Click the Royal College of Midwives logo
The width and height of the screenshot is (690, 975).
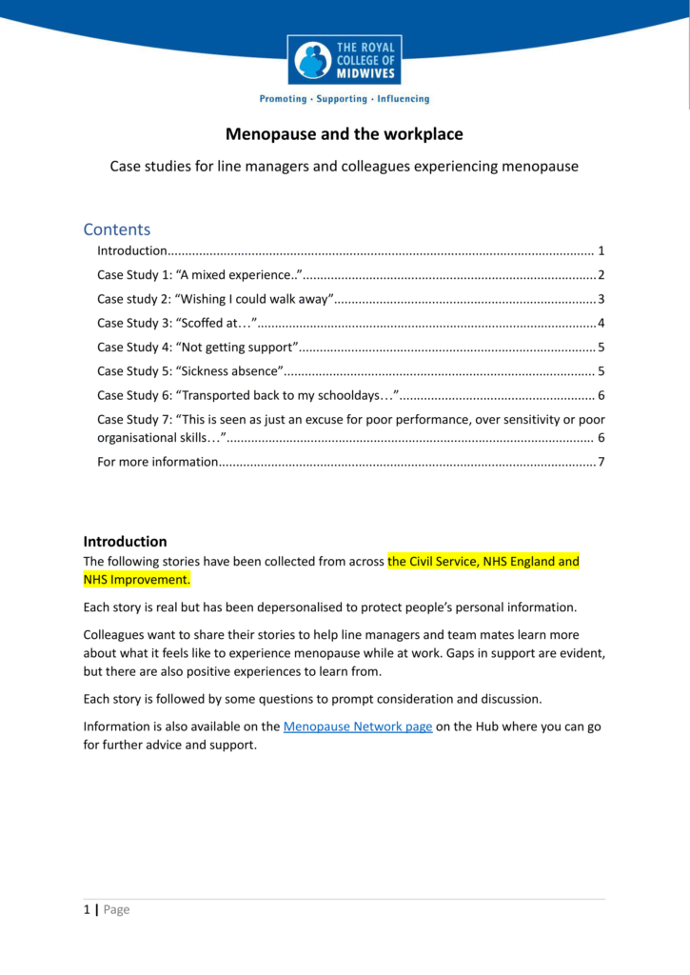tap(345, 60)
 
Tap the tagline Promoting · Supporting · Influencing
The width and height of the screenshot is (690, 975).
tap(345, 99)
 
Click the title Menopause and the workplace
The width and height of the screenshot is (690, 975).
tap(345, 134)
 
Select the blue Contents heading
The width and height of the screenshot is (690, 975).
tap(117, 229)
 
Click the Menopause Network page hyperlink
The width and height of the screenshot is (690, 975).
tap(358, 726)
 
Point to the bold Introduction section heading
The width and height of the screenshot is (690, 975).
tap(126, 542)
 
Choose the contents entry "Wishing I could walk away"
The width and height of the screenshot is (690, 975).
tap(215, 299)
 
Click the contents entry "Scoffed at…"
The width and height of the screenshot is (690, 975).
tap(177, 323)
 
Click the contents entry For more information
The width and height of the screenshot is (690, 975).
tap(158, 463)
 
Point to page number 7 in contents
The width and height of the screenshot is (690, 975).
tap(601, 463)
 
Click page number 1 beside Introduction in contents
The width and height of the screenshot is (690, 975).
tap(601, 251)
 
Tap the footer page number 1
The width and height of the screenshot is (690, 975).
tap(87, 909)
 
